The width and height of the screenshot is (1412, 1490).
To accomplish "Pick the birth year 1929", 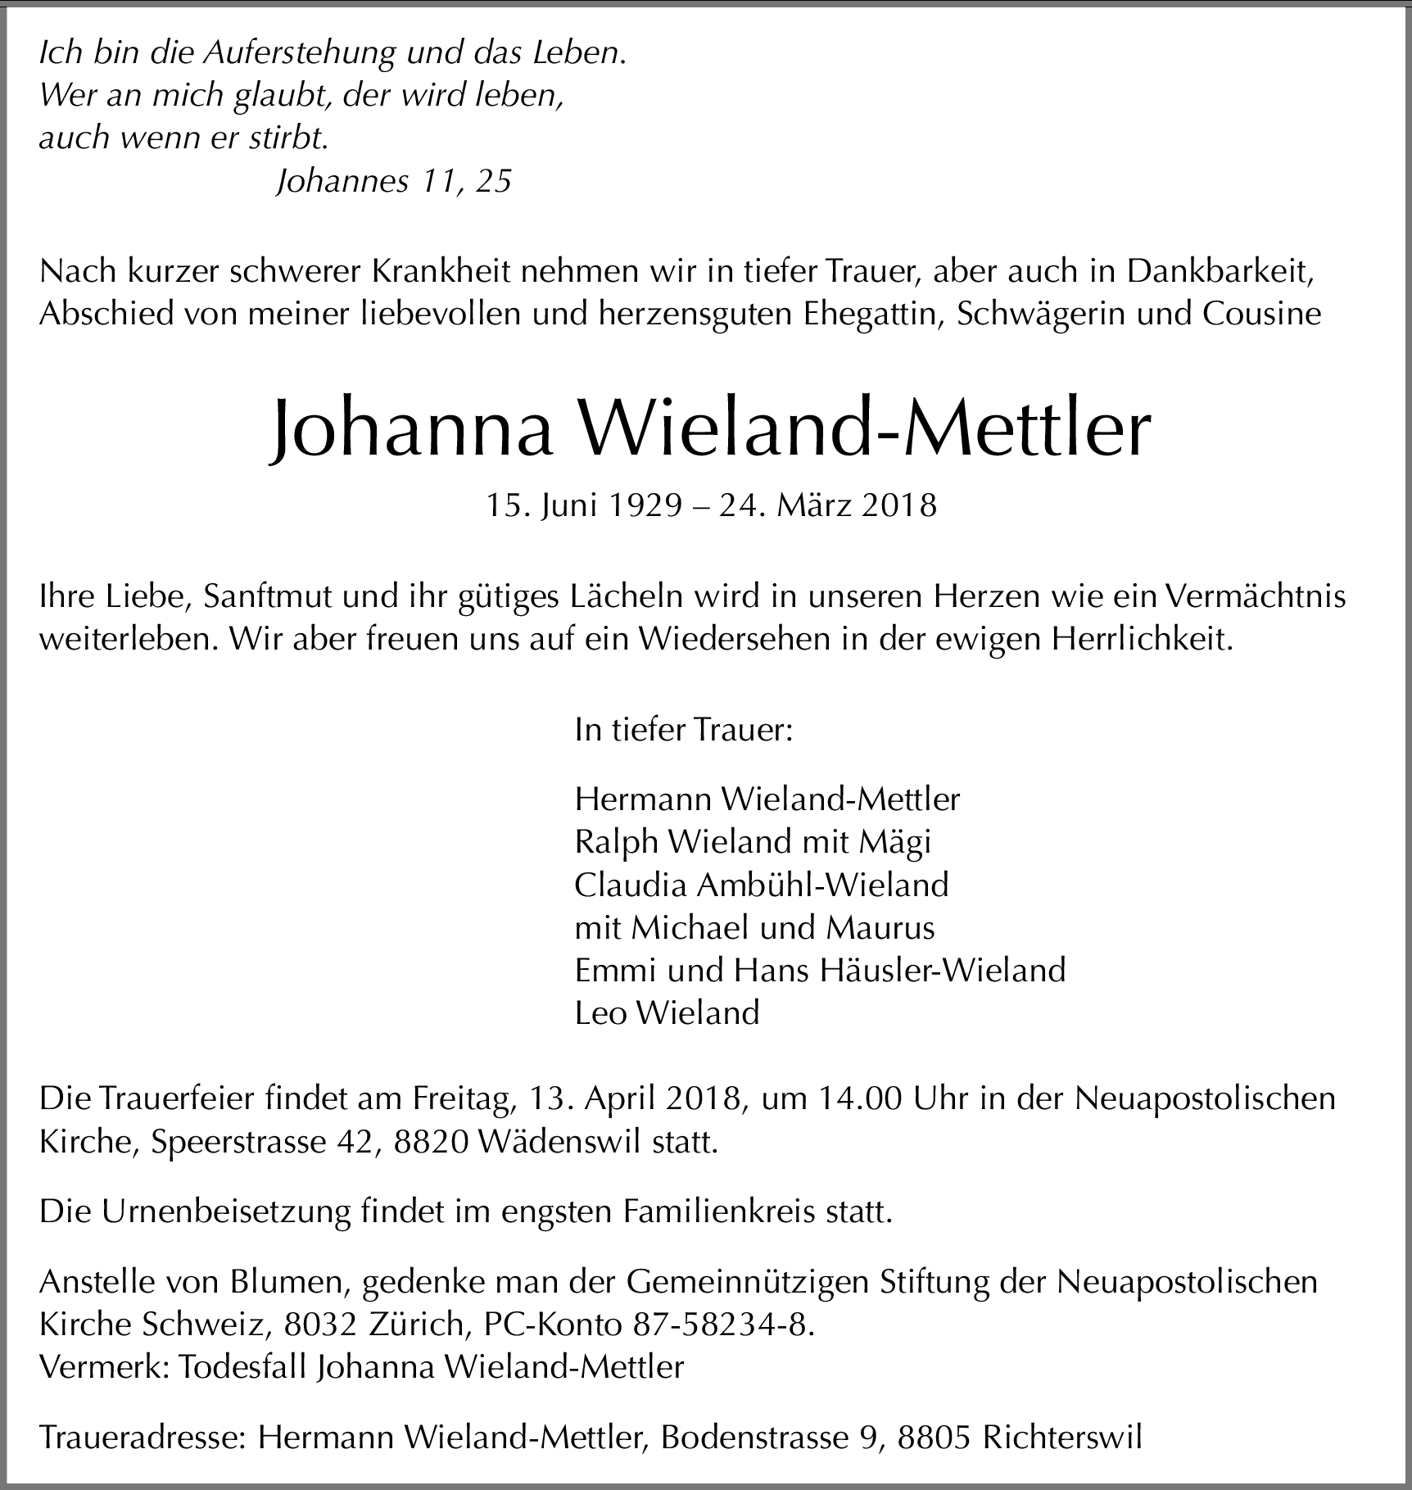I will pos(645,505).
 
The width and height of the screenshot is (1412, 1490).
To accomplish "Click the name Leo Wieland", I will pos(668,1013).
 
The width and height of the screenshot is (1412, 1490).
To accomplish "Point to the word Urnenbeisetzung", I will pos(227,1211).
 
